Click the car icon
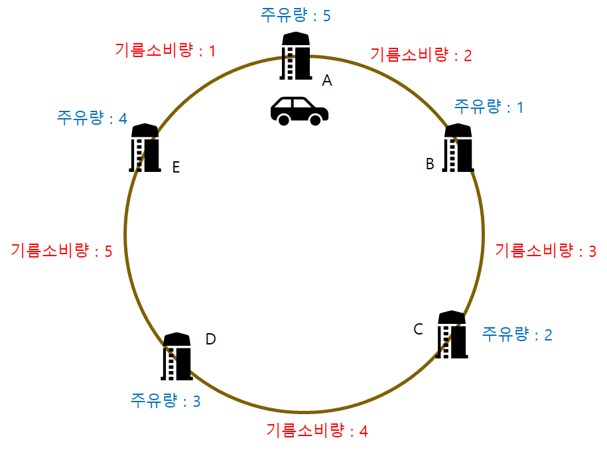299,110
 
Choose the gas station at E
145,148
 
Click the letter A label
326,81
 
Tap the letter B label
430,163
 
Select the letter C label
418,329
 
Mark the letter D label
210,339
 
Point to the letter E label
176,167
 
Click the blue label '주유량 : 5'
295,15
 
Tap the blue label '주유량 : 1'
488,106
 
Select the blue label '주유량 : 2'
517,334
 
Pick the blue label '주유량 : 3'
165,401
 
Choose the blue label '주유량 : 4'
92,118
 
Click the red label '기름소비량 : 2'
421,54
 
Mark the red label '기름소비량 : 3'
546,250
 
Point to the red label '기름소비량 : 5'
62,250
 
